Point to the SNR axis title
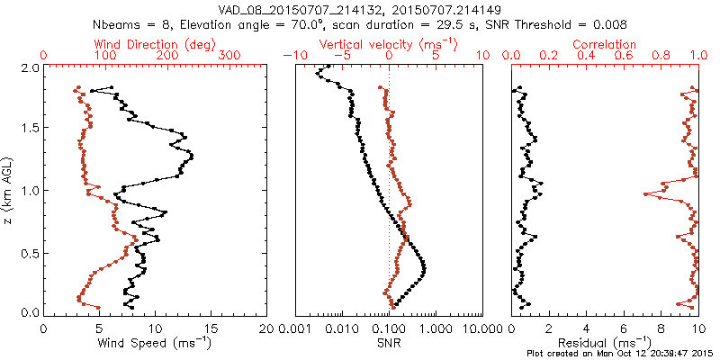(x=389, y=342)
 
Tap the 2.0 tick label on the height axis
(x=29, y=67)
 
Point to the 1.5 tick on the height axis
(x=29, y=129)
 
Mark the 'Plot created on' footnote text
(x=620, y=353)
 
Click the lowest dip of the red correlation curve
(x=645, y=194)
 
